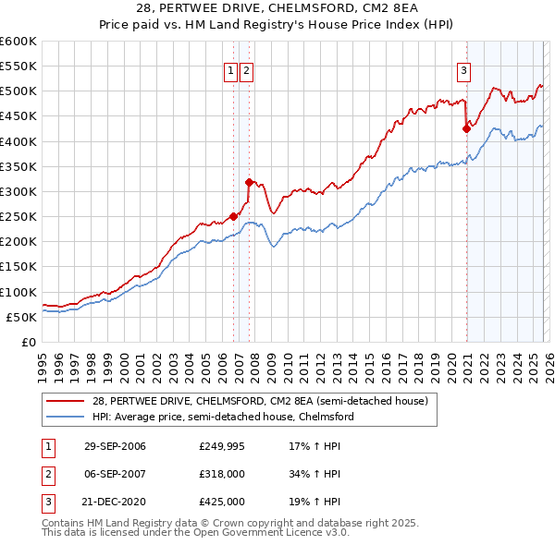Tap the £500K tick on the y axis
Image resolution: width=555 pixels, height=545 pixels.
click(x=18, y=91)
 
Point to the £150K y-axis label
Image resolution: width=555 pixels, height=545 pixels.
click(x=18, y=267)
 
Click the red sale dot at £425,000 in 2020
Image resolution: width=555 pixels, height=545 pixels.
click(x=467, y=129)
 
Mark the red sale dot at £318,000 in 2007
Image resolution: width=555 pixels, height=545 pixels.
click(x=249, y=183)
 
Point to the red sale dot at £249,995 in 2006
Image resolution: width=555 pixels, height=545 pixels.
click(x=233, y=217)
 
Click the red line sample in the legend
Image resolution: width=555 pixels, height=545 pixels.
click(x=66, y=402)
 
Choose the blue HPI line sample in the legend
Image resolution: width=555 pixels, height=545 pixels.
click(x=66, y=417)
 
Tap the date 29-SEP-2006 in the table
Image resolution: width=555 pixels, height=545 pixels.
click(x=115, y=447)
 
